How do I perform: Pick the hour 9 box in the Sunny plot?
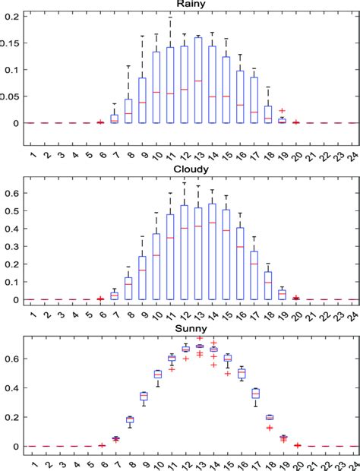pos(143,396)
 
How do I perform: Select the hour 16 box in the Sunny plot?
pos(240,373)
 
